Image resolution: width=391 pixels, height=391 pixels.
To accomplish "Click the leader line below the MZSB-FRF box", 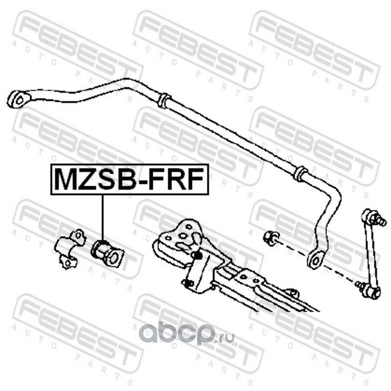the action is pyautogui.click(x=103, y=215).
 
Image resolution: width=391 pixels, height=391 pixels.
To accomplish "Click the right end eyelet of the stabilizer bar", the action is pyautogui.click(x=314, y=260).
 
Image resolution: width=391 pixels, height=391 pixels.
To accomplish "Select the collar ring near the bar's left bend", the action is pyautogui.click(x=164, y=101).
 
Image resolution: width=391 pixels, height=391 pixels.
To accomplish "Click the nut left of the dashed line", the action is pyautogui.click(x=270, y=238).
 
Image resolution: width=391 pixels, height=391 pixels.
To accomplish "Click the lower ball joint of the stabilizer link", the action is pyautogui.click(x=371, y=291).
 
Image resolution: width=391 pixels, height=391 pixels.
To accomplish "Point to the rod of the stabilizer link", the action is pyautogui.click(x=370, y=254).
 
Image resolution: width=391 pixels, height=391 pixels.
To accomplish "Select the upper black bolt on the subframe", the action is pyautogui.click(x=197, y=255).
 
